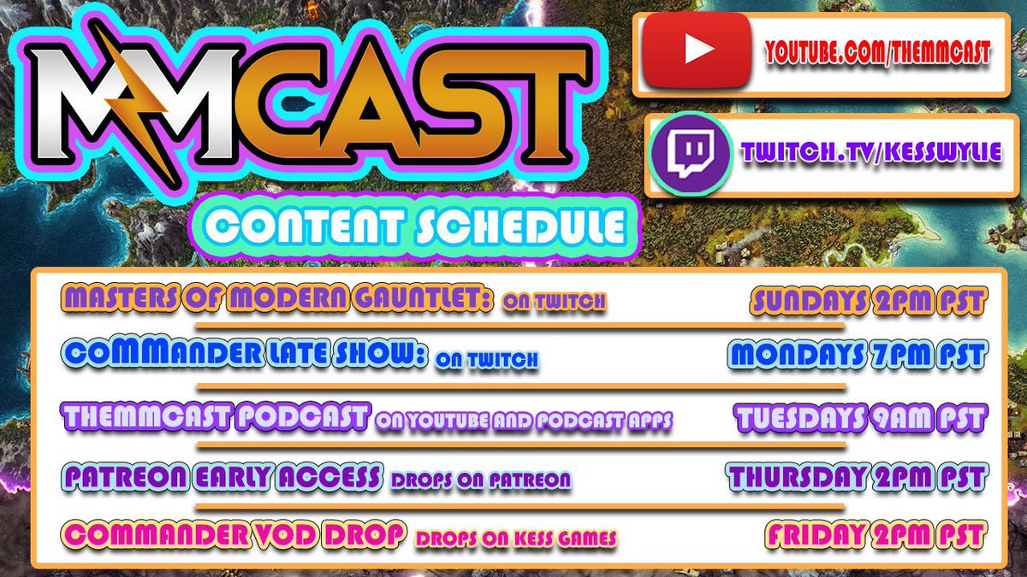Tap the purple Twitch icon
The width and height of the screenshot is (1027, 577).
tap(690, 155)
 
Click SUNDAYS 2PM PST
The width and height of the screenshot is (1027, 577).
tap(870, 300)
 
